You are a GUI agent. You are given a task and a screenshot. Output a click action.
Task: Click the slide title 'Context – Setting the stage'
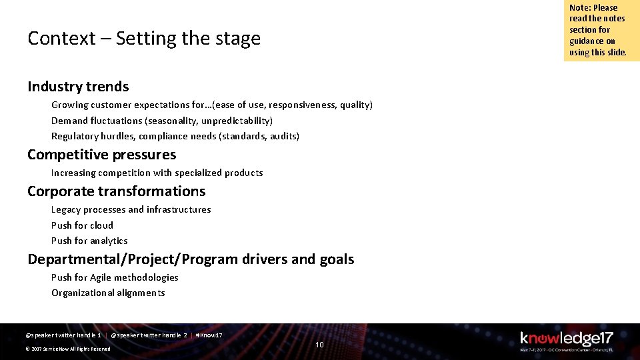click(x=144, y=39)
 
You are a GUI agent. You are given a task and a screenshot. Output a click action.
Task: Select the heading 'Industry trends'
click(x=78, y=87)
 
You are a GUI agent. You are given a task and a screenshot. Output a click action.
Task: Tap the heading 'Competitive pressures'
click(x=101, y=155)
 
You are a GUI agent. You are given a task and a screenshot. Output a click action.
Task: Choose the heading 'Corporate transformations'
click(x=116, y=191)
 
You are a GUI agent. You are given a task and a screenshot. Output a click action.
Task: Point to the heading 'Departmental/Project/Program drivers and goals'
click(x=191, y=259)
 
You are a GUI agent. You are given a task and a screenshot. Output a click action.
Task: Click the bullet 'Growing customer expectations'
click(x=211, y=105)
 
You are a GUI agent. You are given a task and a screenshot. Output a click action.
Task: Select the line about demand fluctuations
click(x=161, y=121)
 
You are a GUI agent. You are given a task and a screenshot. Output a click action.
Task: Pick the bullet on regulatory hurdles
click(x=175, y=136)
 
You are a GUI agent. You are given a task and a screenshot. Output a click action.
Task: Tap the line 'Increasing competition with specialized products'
click(x=157, y=173)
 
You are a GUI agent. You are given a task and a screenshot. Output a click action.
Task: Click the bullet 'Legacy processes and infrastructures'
click(x=131, y=209)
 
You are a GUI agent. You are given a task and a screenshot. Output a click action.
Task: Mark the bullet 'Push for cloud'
click(x=82, y=225)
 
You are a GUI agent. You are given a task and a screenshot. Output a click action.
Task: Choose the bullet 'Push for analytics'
click(x=89, y=241)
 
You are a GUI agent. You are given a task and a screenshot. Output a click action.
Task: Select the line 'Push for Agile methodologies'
click(x=115, y=277)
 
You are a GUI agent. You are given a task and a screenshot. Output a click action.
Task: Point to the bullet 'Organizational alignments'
click(x=108, y=293)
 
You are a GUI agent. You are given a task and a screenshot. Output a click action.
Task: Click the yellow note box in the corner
click(x=601, y=31)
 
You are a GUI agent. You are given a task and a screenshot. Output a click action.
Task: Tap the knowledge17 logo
click(x=566, y=340)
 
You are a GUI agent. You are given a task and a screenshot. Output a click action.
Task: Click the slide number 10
click(x=319, y=345)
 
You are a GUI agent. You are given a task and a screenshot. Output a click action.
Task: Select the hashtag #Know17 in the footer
click(x=209, y=335)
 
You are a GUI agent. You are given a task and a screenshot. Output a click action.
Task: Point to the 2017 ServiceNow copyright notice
click(x=67, y=349)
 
